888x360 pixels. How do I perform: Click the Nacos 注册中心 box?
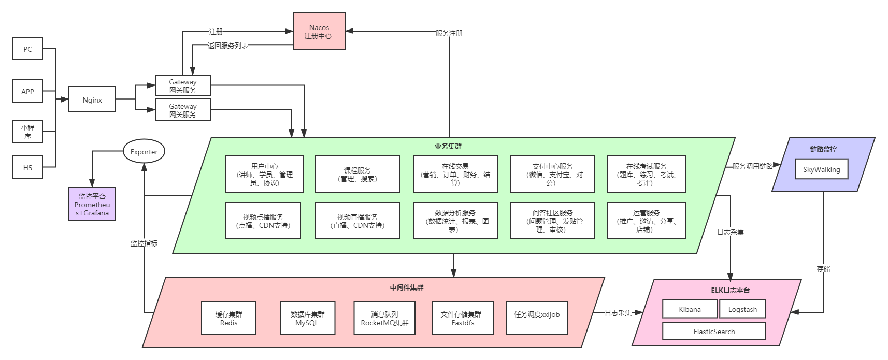pyautogui.click(x=319, y=32)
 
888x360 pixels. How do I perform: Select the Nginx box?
pyautogui.click(x=92, y=100)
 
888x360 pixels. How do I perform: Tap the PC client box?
pyautogui.click(x=28, y=49)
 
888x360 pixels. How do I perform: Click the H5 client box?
pyautogui.click(x=28, y=167)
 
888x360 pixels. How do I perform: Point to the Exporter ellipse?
pyautogui.click(x=144, y=152)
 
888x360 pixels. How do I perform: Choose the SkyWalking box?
pyautogui.click(x=821, y=169)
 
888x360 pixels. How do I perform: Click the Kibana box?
pyautogui.click(x=690, y=309)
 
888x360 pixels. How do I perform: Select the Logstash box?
pyautogui.click(x=742, y=309)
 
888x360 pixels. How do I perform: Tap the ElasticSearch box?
pyautogui.click(x=714, y=332)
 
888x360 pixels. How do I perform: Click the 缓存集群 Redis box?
pyautogui.click(x=228, y=318)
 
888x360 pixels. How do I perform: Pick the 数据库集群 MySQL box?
pyautogui.click(x=307, y=318)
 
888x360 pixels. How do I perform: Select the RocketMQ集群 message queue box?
pyautogui.click(x=384, y=318)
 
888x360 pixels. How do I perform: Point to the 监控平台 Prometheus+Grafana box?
pyautogui.click(x=92, y=205)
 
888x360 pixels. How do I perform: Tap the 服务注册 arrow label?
pyautogui.click(x=449, y=33)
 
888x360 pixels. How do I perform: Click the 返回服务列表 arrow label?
pyautogui.click(x=228, y=46)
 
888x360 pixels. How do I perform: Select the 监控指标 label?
pyautogui.click(x=144, y=243)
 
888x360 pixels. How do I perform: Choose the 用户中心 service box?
pyautogui.click(x=265, y=174)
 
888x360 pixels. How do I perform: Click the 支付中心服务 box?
pyautogui.click(x=552, y=174)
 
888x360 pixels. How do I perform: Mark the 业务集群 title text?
pyautogui.click(x=448, y=147)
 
